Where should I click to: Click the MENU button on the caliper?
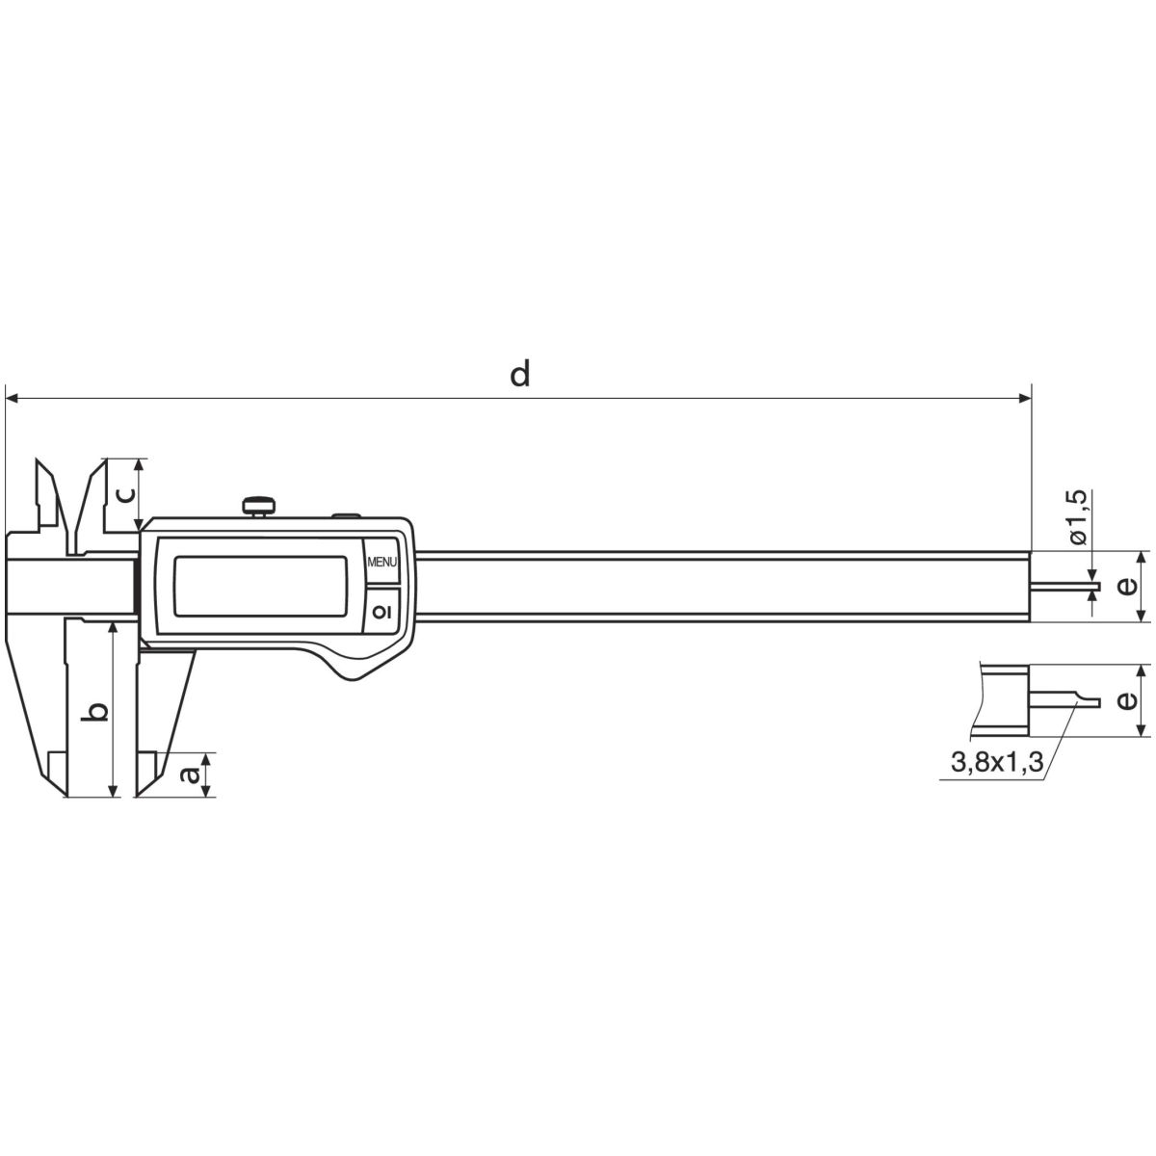tap(382, 562)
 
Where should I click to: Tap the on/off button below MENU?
tap(382, 610)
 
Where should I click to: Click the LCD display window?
tap(260, 586)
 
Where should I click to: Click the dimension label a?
tap(190, 775)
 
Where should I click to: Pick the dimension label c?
tap(123, 494)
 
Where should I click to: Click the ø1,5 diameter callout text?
tap(1077, 516)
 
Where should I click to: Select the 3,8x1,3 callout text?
tap(997, 762)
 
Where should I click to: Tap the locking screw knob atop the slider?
tap(259, 505)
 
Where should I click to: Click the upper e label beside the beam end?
tap(1128, 586)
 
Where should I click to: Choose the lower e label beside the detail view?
tap(1128, 699)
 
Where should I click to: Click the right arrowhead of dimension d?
tap(1025, 398)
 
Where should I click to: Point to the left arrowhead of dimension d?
tap(12, 398)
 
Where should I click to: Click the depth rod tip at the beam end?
tap(1097, 586)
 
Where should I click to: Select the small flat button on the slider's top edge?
tap(346, 515)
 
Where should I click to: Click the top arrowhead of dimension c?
tap(140, 465)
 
